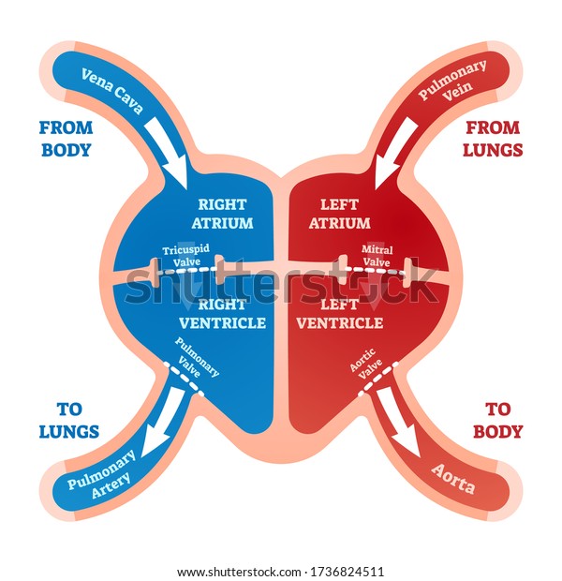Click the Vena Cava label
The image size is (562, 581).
111,90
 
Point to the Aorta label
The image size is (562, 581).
453,479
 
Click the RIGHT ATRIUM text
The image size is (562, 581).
222,214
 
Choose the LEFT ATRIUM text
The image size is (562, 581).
340,214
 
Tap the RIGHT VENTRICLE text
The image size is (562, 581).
223,314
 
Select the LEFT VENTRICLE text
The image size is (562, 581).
340,314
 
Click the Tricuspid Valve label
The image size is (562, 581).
186,255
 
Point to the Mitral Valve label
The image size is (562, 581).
377,256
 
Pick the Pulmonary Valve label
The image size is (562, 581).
197,358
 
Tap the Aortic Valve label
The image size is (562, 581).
366,364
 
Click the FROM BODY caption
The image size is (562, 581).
66,139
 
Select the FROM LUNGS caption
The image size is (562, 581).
493,139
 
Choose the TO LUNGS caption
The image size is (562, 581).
69,421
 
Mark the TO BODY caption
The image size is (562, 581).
497,421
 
